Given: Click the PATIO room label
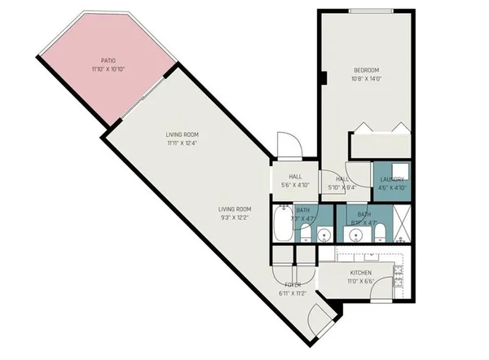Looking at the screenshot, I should (108, 59).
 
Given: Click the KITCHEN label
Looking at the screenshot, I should (362, 273).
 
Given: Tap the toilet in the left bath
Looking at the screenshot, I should (305, 234).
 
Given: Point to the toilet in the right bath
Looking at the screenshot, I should (379, 234).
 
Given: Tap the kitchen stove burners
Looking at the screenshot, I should (400, 277).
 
